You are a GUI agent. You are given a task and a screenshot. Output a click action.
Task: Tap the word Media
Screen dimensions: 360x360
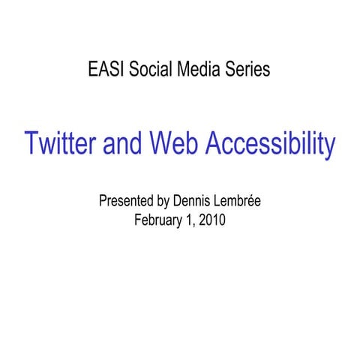point(200,71)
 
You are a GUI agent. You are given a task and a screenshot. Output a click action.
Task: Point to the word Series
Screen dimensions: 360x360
point(247,71)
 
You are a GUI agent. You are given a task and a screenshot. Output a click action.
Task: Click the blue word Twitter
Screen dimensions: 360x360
point(61,144)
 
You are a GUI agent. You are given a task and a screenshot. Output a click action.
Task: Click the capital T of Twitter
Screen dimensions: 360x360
point(32,144)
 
